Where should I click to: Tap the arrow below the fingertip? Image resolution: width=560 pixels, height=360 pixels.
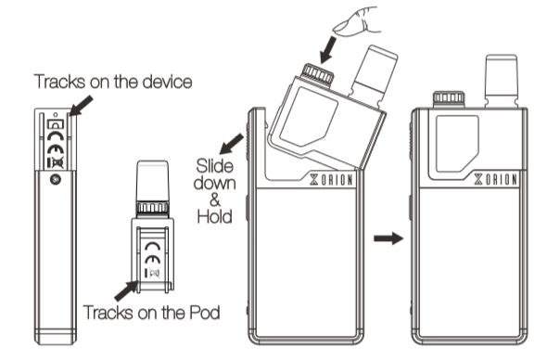pyautogui.click(x=328, y=50)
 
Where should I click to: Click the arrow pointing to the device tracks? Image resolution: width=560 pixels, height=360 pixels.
pyautogui.click(x=81, y=106)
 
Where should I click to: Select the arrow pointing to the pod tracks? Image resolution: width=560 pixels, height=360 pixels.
pyautogui.click(x=126, y=290)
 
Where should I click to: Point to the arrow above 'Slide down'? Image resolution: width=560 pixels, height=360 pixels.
pyautogui.click(x=232, y=144)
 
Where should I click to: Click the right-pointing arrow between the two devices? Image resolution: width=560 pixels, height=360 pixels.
pyautogui.click(x=388, y=238)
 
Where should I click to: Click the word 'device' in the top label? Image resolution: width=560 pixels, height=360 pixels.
pyautogui.click(x=167, y=82)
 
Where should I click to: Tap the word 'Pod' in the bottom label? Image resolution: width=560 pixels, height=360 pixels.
pyautogui.click(x=205, y=313)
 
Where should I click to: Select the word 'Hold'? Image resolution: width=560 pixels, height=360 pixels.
pyautogui.click(x=215, y=216)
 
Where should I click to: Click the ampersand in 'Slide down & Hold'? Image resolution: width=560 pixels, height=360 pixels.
pyautogui.click(x=215, y=200)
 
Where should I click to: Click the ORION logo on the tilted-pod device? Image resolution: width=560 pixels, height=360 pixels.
pyautogui.click(x=331, y=179)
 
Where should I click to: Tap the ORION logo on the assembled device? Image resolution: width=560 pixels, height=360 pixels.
pyautogui.click(x=496, y=179)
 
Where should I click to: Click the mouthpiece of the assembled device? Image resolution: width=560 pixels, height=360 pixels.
pyautogui.click(x=502, y=80)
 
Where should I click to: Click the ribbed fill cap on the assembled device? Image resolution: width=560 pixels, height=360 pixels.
pyautogui.click(x=449, y=98)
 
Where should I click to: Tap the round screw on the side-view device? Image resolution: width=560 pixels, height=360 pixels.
pyautogui.click(x=56, y=179)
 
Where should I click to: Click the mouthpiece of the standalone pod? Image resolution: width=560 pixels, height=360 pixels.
pyautogui.click(x=153, y=181)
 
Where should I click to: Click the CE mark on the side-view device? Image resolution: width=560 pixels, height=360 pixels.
pyautogui.click(x=56, y=149)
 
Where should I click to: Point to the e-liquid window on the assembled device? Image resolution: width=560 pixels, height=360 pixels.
pyautogui.click(x=457, y=143)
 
